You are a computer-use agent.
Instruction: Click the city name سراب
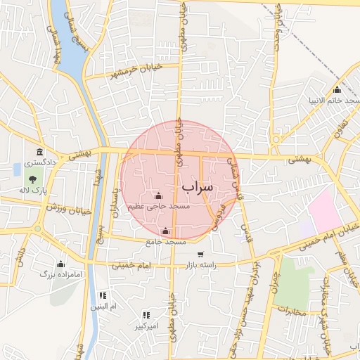pyautogui.click(x=196, y=187)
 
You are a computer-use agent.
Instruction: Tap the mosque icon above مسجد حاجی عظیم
pyautogui.click(x=157, y=195)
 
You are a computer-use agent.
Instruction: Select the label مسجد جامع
pyautogui.click(x=166, y=242)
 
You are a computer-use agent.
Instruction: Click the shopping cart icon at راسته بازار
pyautogui.click(x=200, y=255)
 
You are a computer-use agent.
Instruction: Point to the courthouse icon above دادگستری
pyautogui.click(x=39, y=152)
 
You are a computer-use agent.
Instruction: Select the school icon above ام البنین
pyautogui.click(x=103, y=296)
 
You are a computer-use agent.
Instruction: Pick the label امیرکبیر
pyautogui.click(x=148, y=326)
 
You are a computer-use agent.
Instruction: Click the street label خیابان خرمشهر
pyautogui.click(x=128, y=73)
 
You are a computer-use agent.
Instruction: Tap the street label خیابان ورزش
pyautogui.click(x=70, y=209)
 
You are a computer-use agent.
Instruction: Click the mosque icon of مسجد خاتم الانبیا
pyautogui.click(x=337, y=90)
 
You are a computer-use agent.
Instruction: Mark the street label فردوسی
pyautogui.click(x=219, y=217)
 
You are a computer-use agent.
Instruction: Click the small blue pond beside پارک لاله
pyautogui.click(x=17, y=169)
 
